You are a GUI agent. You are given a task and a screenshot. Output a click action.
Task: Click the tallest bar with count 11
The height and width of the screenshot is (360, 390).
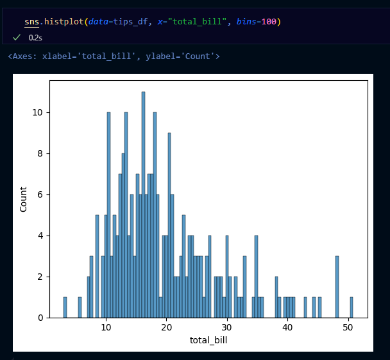coord(143,205)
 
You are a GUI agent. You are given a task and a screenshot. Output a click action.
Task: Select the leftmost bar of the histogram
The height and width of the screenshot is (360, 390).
coord(65,307)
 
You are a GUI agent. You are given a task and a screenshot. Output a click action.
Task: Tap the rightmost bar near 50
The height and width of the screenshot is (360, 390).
coord(351,307)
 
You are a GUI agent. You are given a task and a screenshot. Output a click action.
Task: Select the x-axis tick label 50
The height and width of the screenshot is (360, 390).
coord(348,327)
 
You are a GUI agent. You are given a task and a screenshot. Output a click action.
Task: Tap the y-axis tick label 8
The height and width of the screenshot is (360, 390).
coord(40,153)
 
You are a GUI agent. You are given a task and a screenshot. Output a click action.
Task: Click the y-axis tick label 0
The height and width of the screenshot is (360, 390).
coord(40,318)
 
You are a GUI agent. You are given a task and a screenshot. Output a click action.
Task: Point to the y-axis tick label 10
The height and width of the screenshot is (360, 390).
coord(37,112)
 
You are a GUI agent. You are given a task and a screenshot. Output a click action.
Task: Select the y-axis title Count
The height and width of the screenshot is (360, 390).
coord(24,200)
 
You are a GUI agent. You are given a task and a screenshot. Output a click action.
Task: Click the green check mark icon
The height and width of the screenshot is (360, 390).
coord(17,38)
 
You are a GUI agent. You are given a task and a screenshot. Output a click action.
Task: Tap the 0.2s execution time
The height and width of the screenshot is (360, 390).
coord(35,38)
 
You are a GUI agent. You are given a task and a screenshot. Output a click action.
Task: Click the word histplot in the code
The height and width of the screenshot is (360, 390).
coord(63,22)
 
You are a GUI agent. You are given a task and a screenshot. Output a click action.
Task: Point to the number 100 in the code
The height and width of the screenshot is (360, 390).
coord(269,22)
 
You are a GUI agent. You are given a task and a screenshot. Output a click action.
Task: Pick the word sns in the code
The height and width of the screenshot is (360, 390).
coord(31,22)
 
